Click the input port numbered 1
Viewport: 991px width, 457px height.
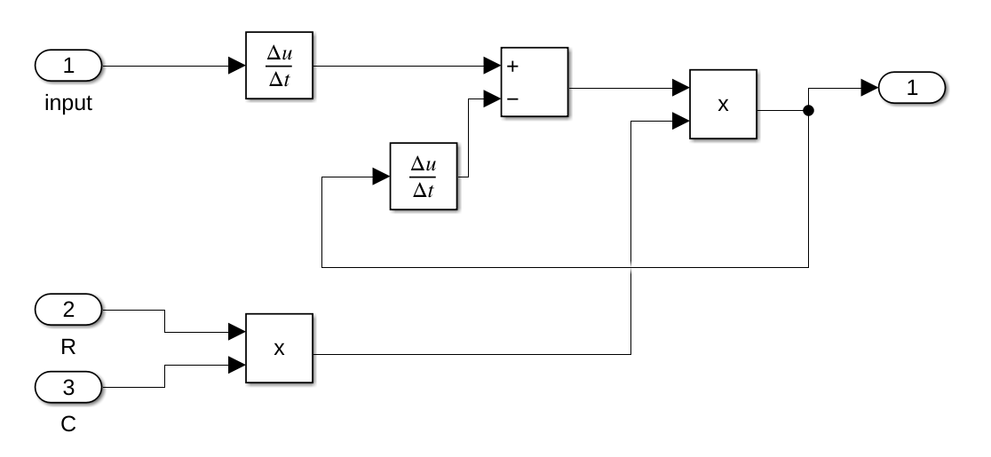tap(68, 66)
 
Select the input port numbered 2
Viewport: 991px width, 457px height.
tap(68, 311)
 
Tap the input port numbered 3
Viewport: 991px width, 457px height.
tap(68, 387)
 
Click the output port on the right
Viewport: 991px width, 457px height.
tap(912, 88)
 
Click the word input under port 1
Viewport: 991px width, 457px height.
tap(68, 104)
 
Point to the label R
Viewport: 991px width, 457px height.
tap(68, 348)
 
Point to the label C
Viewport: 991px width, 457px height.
tap(68, 424)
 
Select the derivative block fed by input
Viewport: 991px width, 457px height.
tap(280, 66)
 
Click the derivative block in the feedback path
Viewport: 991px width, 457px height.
tap(424, 177)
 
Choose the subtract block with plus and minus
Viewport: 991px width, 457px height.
tap(535, 83)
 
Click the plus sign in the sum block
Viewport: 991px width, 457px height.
tap(512, 67)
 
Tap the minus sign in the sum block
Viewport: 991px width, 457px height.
tap(512, 99)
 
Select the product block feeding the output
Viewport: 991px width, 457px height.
tap(724, 105)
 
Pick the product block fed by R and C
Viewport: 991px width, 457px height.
tap(279, 349)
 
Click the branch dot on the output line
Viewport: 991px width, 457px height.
tap(808, 111)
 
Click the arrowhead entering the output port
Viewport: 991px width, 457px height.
tap(869, 88)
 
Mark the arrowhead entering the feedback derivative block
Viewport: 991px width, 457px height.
tap(381, 177)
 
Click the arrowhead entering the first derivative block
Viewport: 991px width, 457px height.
tap(237, 66)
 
